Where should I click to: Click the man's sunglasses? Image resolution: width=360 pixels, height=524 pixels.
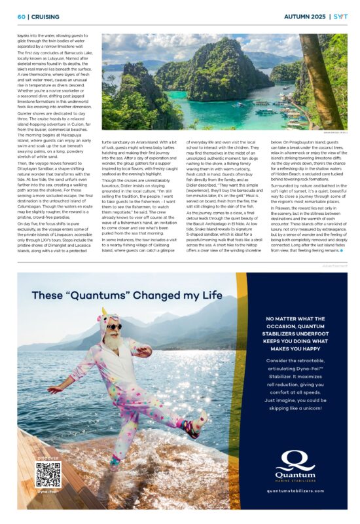114,326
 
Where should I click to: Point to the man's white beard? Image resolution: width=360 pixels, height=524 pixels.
115,340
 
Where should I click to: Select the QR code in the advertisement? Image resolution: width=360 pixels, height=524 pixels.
48,473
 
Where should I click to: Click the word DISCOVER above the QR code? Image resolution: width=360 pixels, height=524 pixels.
48,458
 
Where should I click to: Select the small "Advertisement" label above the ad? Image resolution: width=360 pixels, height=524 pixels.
334,265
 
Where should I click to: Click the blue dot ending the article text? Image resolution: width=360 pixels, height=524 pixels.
341,251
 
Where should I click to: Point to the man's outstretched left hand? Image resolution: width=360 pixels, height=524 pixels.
52,390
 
